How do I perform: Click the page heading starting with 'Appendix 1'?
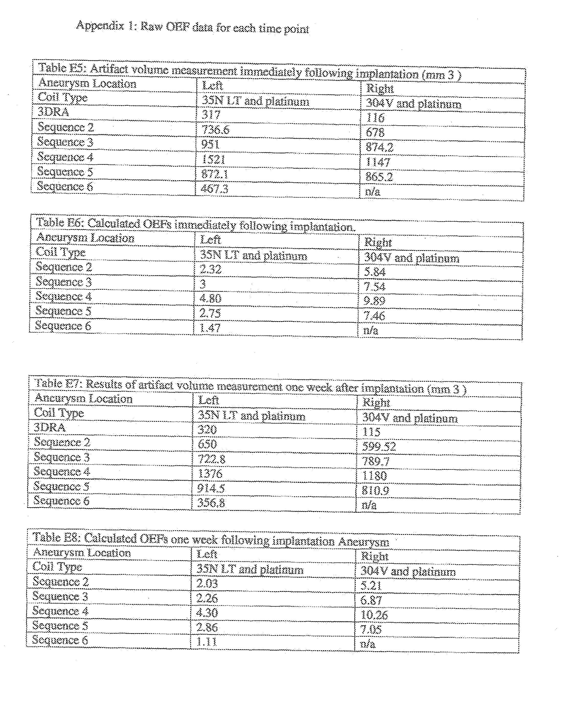pos(192,27)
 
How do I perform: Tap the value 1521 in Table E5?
pos(213,159)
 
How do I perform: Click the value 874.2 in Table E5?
pos(379,147)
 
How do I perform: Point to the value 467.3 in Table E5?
pos(214,189)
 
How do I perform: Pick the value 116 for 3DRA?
pos(375,117)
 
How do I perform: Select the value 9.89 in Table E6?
pos(374,301)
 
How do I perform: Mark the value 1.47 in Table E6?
pos(210,328)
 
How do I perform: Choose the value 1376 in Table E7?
pos(210,474)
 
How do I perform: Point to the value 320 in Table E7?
pos(207,430)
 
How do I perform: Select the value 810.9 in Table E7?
pos(375,491)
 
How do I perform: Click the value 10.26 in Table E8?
pos(374,615)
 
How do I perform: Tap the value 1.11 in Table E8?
pos(207,642)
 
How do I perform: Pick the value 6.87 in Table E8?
pos(371,600)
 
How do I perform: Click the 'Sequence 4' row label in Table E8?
pos(60,611)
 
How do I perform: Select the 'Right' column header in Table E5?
pos(380,89)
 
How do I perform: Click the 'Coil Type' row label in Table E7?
pos(59,413)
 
